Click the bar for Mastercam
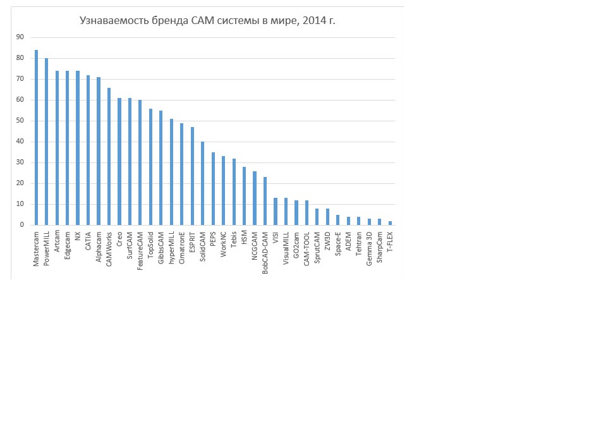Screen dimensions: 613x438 pyautogui.click(x=37, y=137)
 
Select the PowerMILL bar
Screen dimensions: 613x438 pyautogui.click(x=47, y=142)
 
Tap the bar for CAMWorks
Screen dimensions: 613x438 pyautogui.click(x=109, y=157)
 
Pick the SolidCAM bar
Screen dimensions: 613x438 pyautogui.click(x=202, y=183)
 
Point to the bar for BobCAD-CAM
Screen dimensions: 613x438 pyautogui.click(x=265, y=201)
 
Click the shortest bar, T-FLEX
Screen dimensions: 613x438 pyautogui.click(x=390, y=223)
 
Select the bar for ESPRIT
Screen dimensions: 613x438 pyautogui.click(x=192, y=176)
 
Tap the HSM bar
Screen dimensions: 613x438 pyautogui.click(x=245, y=196)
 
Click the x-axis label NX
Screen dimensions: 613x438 pyautogui.click(x=78, y=236)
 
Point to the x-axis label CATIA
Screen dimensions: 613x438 pyautogui.click(x=88, y=241)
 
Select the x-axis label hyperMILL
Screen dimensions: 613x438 pyautogui.click(x=171, y=248)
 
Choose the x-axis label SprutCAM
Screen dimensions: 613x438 pyautogui.click(x=317, y=248)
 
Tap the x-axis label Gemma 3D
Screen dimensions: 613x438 pyautogui.click(x=369, y=249)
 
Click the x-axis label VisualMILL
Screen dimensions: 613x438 pyautogui.click(x=286, y=248)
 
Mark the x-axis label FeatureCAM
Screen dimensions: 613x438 pyautogui.click(x=140, y=251)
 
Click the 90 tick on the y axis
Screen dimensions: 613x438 pyautogui.click(x=20, y=37)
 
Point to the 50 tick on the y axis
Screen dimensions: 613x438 pyautogui.click(x=20, y=121)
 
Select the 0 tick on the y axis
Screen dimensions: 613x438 pyautogui.click(x=22, y=225)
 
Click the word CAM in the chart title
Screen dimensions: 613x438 pyautogui.click(x=202, y=20)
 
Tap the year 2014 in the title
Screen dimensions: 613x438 pyautogui.click(x=314, y=20)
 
